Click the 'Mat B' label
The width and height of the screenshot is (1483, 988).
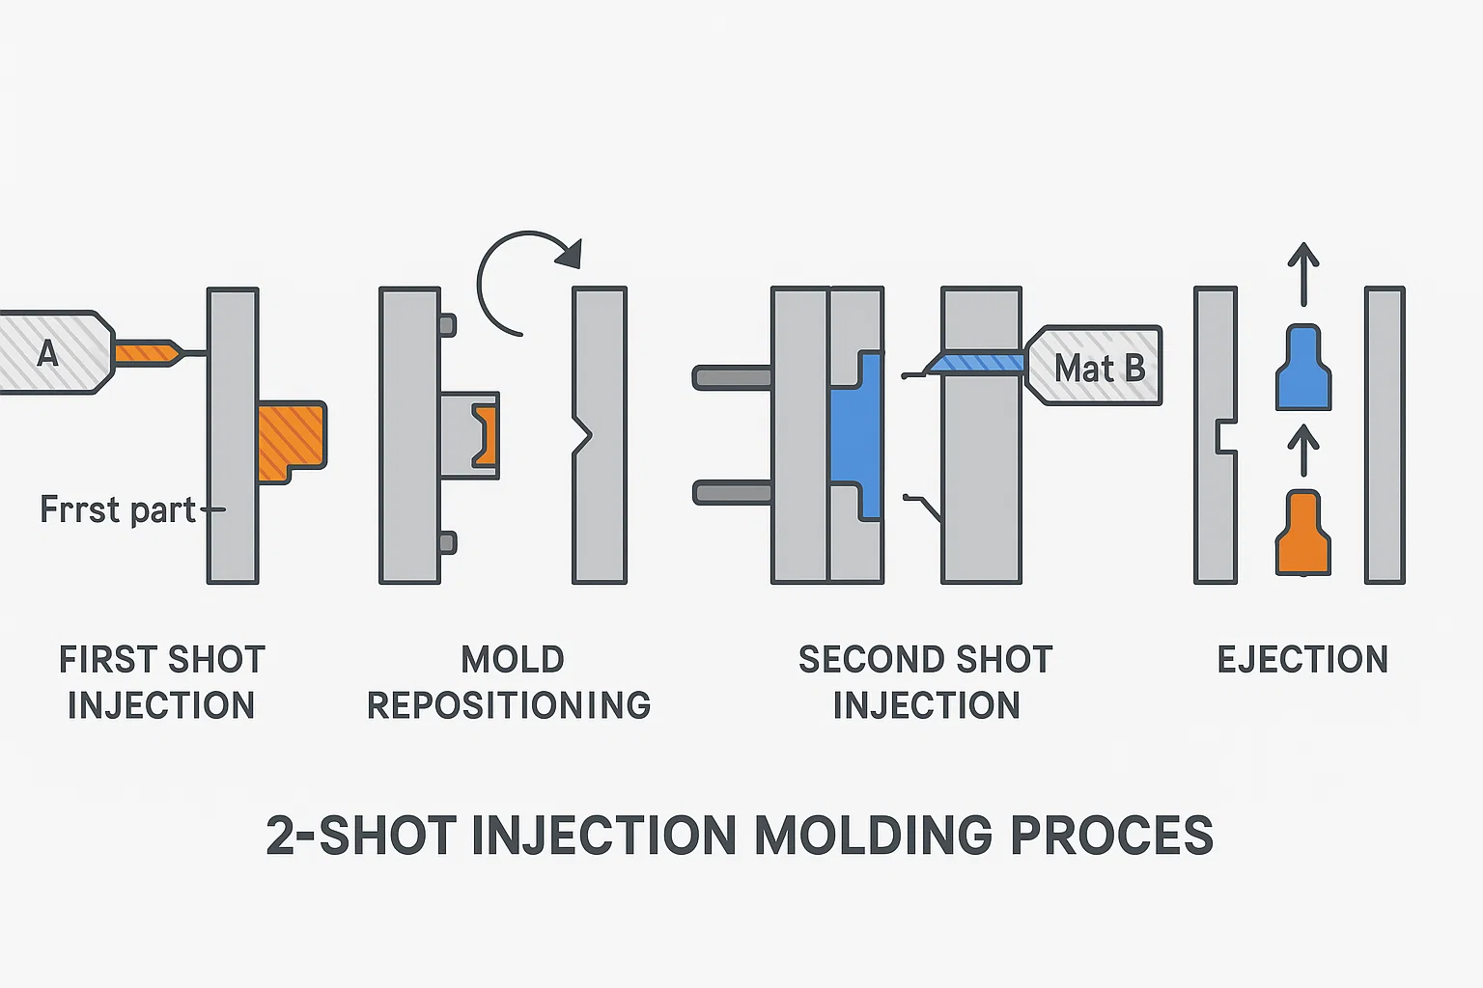tap(1099, 368)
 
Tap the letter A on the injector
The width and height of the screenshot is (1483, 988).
tap(47, 354)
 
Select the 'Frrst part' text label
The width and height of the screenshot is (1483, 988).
tap(118, 509)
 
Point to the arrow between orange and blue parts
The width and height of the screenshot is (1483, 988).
tap(1303, 451)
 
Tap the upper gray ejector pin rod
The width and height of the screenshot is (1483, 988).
tap(732, 377)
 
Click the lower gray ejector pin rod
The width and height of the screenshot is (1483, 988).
tap(732, 493)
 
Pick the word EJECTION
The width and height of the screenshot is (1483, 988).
tap(1302, 660)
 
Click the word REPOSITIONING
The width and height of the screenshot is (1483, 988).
tap(509, 706)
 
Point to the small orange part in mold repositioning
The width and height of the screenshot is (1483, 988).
tap(486, 435)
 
